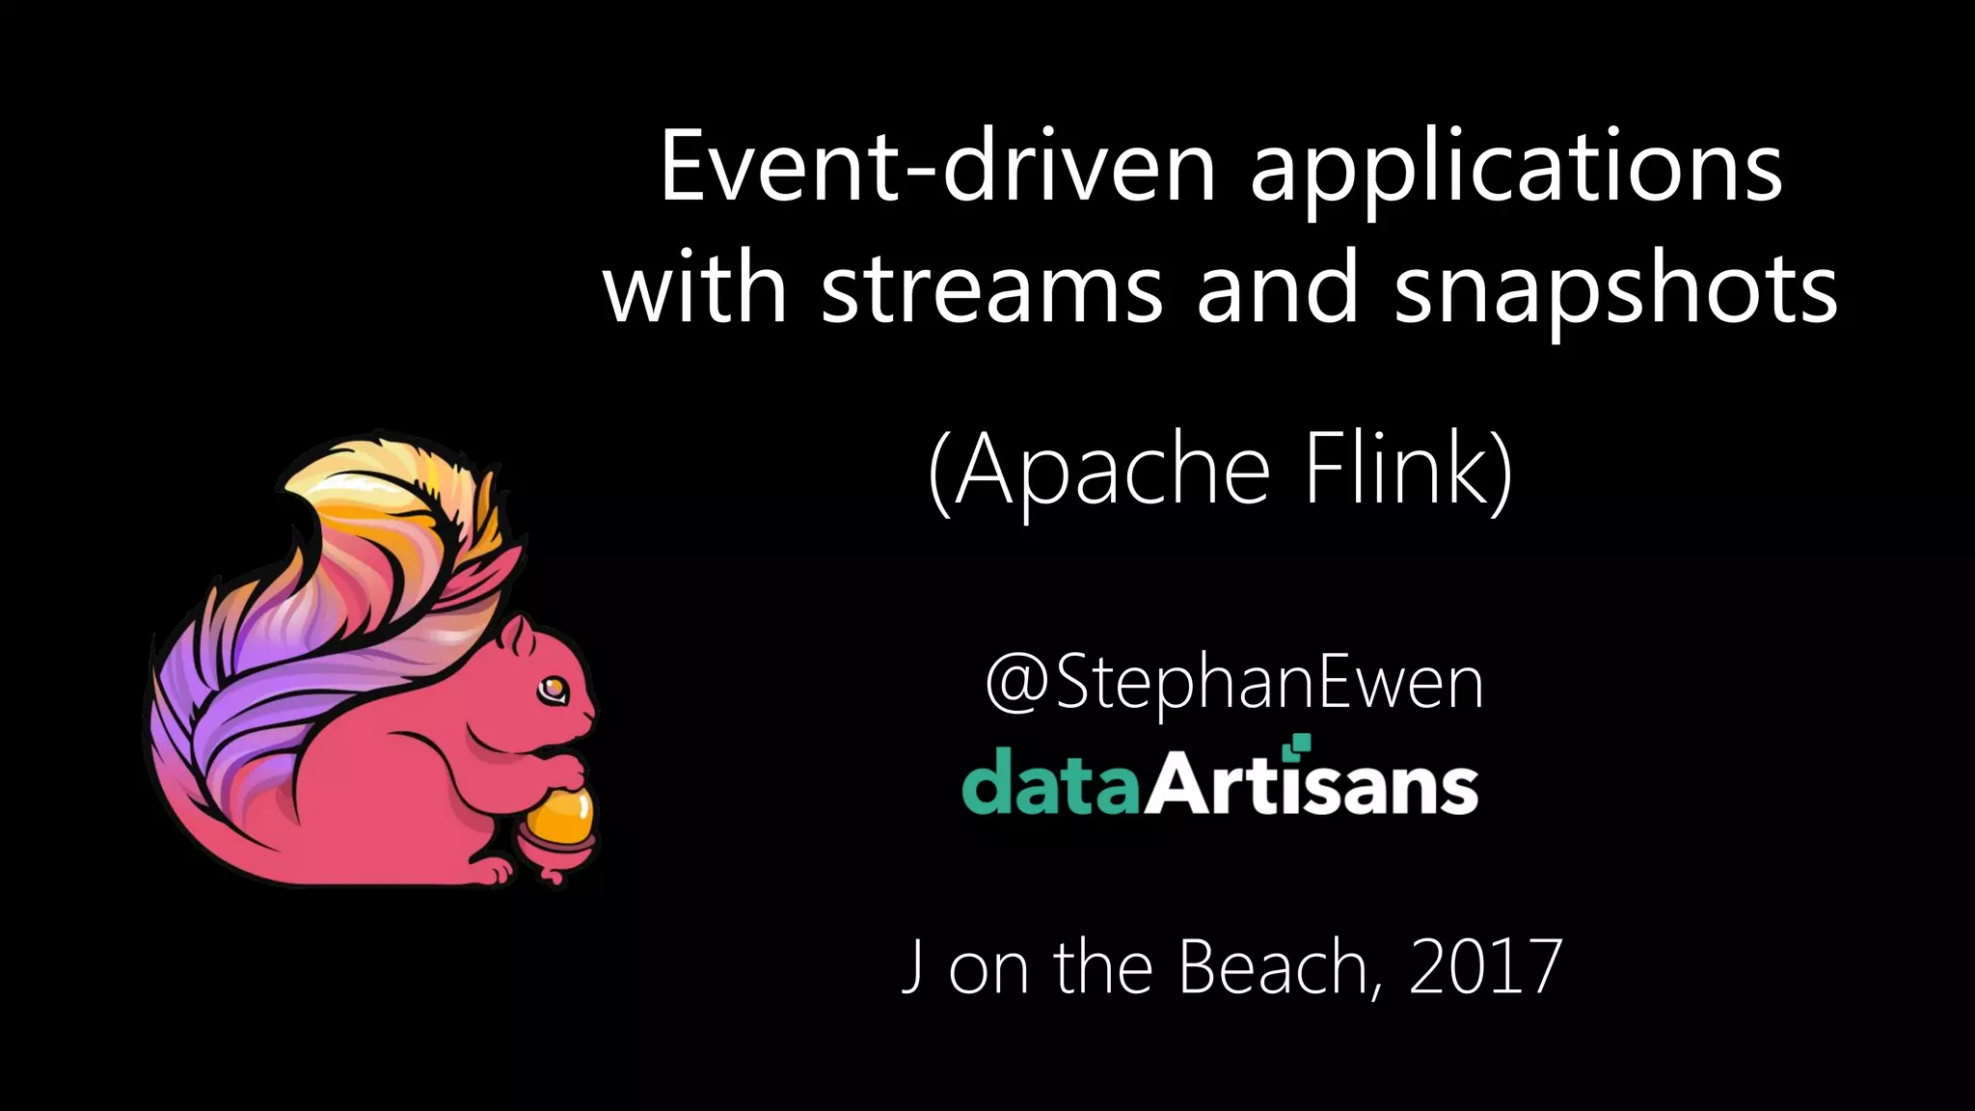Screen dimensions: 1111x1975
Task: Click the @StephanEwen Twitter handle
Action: [1233, 683]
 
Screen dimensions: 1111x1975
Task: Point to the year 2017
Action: [1485, 966]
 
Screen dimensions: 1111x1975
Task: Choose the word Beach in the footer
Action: [1272, 966]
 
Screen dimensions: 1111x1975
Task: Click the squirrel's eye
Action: [553, 689]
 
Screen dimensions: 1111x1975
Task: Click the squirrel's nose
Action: [591, 715]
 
